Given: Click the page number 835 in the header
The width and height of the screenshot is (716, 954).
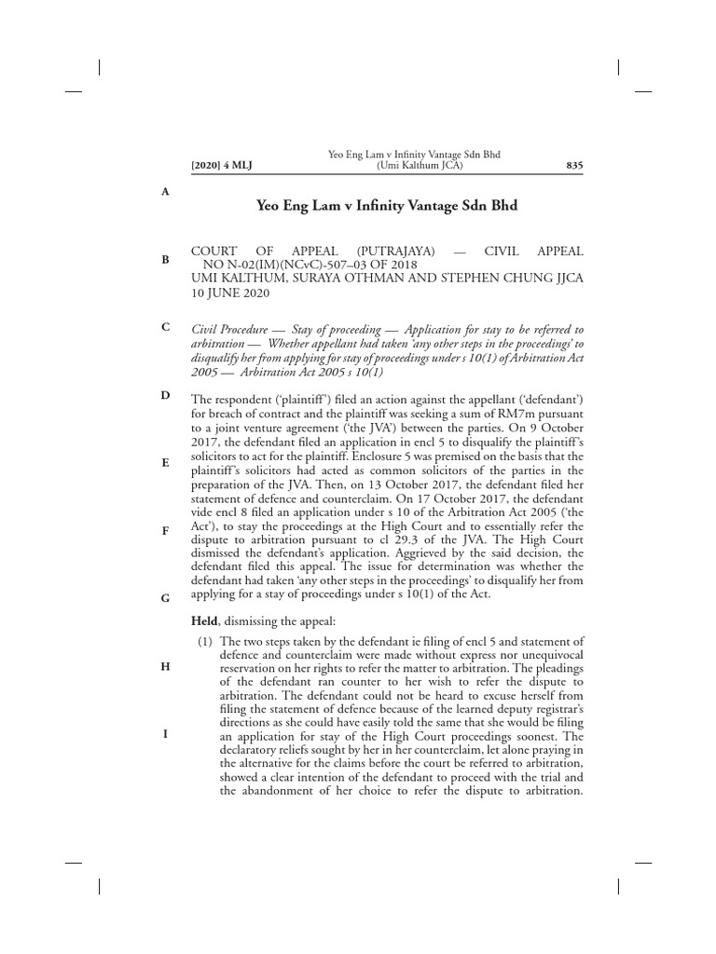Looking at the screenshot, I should (574, 166).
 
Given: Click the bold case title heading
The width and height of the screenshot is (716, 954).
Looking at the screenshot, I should (386, 205).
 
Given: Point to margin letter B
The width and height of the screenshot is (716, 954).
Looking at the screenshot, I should (165, 259).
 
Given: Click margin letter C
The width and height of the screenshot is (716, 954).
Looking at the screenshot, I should (165, 327).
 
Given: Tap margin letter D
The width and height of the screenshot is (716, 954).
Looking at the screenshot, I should (165, 395).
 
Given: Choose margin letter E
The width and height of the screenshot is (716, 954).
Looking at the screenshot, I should (165, 462).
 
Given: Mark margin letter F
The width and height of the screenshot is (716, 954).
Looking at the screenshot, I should (165, 530).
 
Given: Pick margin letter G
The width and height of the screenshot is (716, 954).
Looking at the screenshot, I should (165, 598).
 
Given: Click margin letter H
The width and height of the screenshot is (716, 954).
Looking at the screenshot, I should (165, 666).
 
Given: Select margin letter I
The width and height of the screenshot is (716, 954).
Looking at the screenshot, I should (165, 733).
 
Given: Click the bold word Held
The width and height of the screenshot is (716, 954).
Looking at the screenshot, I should (204, 620).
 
